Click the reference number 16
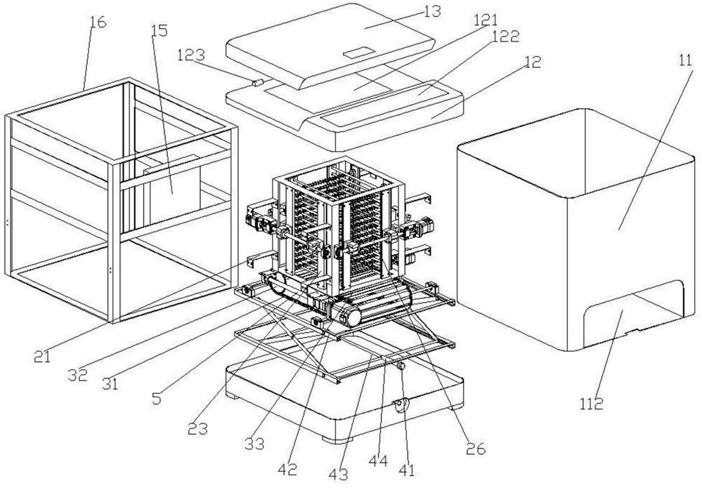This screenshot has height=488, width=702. [98, 22]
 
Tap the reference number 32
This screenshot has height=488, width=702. [78, 374]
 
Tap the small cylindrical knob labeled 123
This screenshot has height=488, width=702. [256, 83]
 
